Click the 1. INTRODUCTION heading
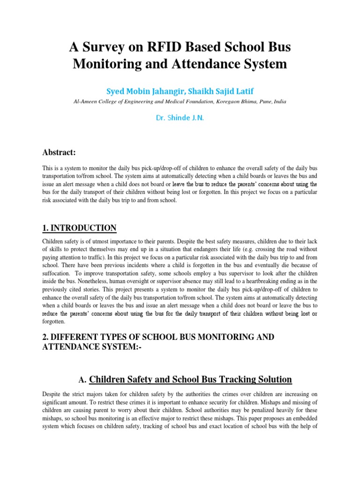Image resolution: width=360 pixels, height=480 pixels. (79, 228)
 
